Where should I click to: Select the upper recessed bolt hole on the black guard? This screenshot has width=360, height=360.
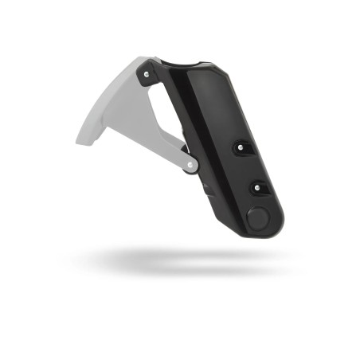point(241,147)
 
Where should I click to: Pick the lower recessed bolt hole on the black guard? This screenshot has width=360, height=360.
point(257,187)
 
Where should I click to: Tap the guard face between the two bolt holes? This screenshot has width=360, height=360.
point(248,167)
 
